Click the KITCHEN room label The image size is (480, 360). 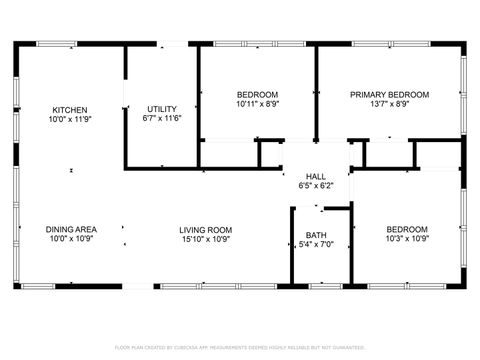pyautogui.click(x=70, y=110)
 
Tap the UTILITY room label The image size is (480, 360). pyautogui.click(x=162, y=109)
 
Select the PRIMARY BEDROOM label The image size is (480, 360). pyautogui.click(x=389, y=94)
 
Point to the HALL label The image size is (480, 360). pyautogui.click(x=315, y=176)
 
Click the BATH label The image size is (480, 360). pyautogui.click(x=315, y=236)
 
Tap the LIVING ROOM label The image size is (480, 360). pyautogui.click(x=206, y=229)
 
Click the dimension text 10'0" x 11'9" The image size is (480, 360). pyautogui.click(x=70, y=119)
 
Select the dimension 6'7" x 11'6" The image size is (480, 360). pyautogui.click(x=162, y=118)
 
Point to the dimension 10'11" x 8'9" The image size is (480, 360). pyautogui.click(x=257, y=103)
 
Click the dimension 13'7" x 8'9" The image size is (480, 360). pyautogui.click(x=389, y=103)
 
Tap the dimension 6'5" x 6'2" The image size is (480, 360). pyautogui.click(x=315, y=185)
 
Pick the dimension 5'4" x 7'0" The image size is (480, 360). pyautogui.click(x=315, y=245)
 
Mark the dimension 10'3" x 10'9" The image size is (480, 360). pyautogui.click(x=407, y=238)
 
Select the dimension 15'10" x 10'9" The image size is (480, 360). pyautogui.click(x=206, y=238)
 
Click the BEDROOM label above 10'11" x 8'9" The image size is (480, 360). pyautogui.click(x=257, y=94)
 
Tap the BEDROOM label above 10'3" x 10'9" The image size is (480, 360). pyautogui.click(x=407, y=229)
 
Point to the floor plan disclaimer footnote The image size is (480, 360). pyautogui.click(x=240, y=347)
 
